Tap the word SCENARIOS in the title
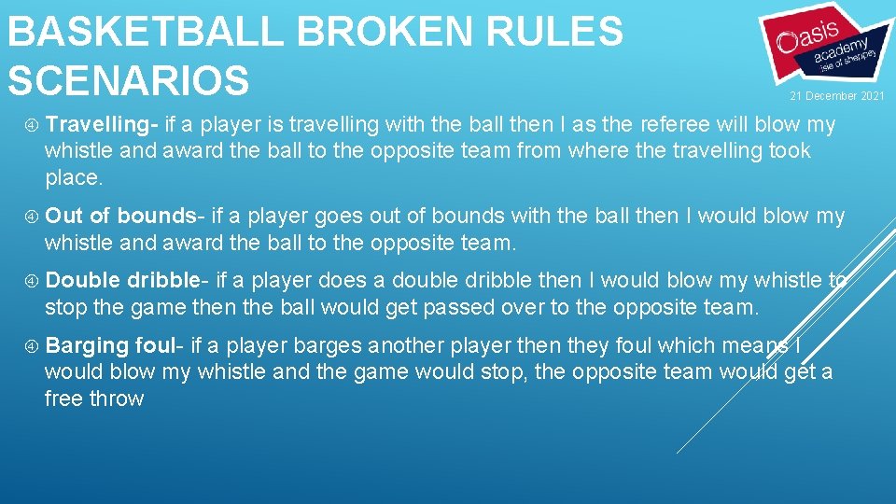click(x=129, y=79)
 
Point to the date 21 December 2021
click(x=837, y=96)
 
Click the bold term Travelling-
click(x=103, y=124)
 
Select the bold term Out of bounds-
click(x=121, y=217)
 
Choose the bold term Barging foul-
click(x=114, y=345)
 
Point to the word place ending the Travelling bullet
click(x=72, y=177)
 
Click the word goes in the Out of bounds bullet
click(x=339, y=217)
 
